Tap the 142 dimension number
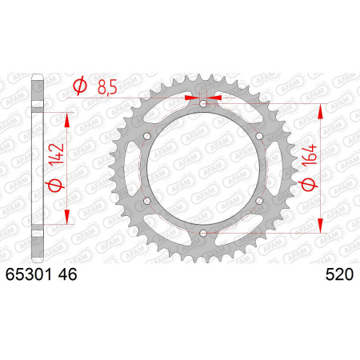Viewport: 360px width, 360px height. click(57, 154)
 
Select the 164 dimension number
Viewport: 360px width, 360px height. click(310, 155)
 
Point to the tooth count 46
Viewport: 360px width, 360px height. click(67, 274)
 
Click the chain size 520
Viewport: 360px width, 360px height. click(339, 274)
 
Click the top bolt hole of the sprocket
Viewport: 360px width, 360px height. click(203, 103)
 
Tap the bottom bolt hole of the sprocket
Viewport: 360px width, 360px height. click(203, 234)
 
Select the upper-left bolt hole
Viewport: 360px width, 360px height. click(147, 136)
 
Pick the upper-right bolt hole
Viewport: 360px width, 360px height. click(259, 136)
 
